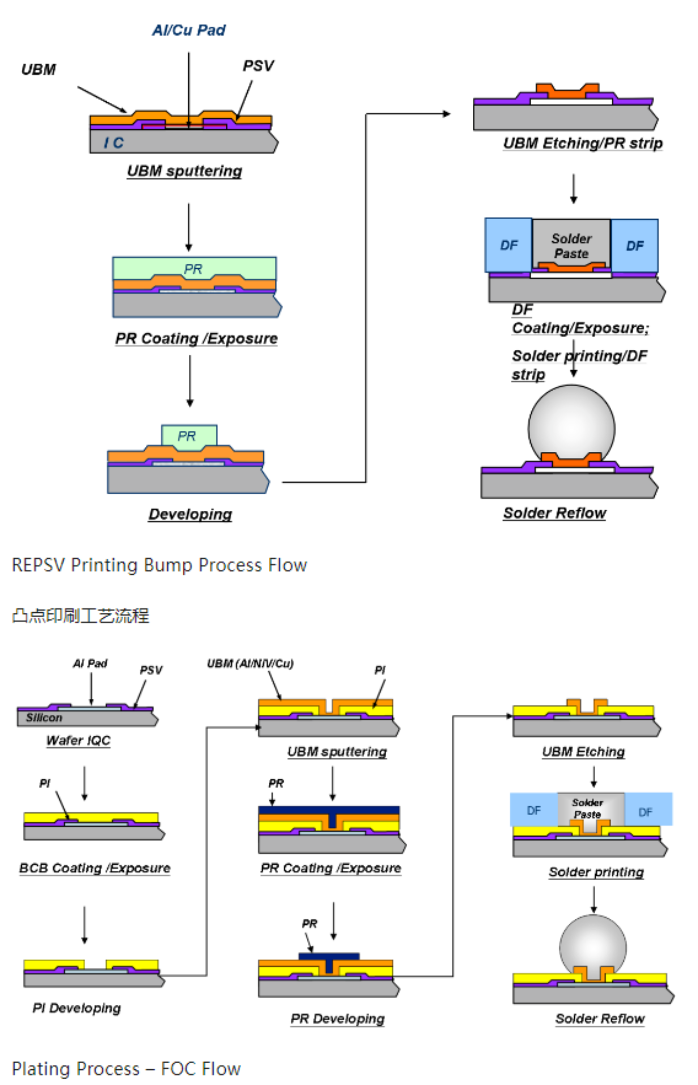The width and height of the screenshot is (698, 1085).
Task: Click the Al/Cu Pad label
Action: (188, 30)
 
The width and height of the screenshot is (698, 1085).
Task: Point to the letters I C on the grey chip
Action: (113, 143)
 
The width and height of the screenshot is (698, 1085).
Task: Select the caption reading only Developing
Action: (190, 514)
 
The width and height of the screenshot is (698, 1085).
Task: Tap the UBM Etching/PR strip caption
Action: (582, 143)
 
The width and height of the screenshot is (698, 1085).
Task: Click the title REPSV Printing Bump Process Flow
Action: (159, 565)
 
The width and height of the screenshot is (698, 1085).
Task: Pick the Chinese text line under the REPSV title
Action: (80, 616)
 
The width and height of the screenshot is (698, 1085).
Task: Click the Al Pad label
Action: (90, 664)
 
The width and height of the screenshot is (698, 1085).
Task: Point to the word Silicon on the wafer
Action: (44, 718)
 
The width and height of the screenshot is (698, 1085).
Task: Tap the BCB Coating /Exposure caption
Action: (95, 868)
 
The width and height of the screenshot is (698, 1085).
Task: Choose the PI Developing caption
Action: (77, 1008)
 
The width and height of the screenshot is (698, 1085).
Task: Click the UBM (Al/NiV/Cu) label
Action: (250, 664)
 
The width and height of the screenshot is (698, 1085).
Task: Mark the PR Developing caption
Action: (338, 1019)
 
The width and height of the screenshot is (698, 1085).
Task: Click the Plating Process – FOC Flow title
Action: (126, 1069)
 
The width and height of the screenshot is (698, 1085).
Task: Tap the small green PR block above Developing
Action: (189, 437)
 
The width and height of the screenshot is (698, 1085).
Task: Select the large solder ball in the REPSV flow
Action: (571, 424)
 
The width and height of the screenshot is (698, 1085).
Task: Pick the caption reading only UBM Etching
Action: (583, 752)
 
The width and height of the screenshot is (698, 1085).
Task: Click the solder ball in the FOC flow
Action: (592, 945)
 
